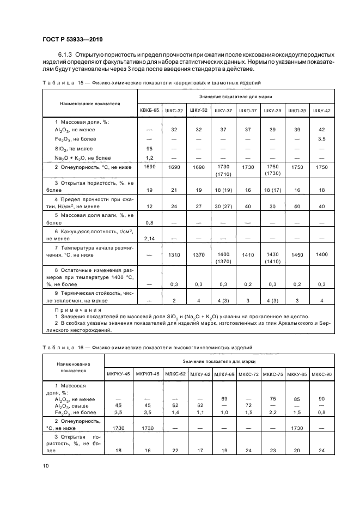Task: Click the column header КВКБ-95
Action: point(149,110)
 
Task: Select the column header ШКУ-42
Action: point(321,110)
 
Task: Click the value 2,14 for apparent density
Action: point(149,239)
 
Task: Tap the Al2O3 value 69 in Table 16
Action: point(224,399)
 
